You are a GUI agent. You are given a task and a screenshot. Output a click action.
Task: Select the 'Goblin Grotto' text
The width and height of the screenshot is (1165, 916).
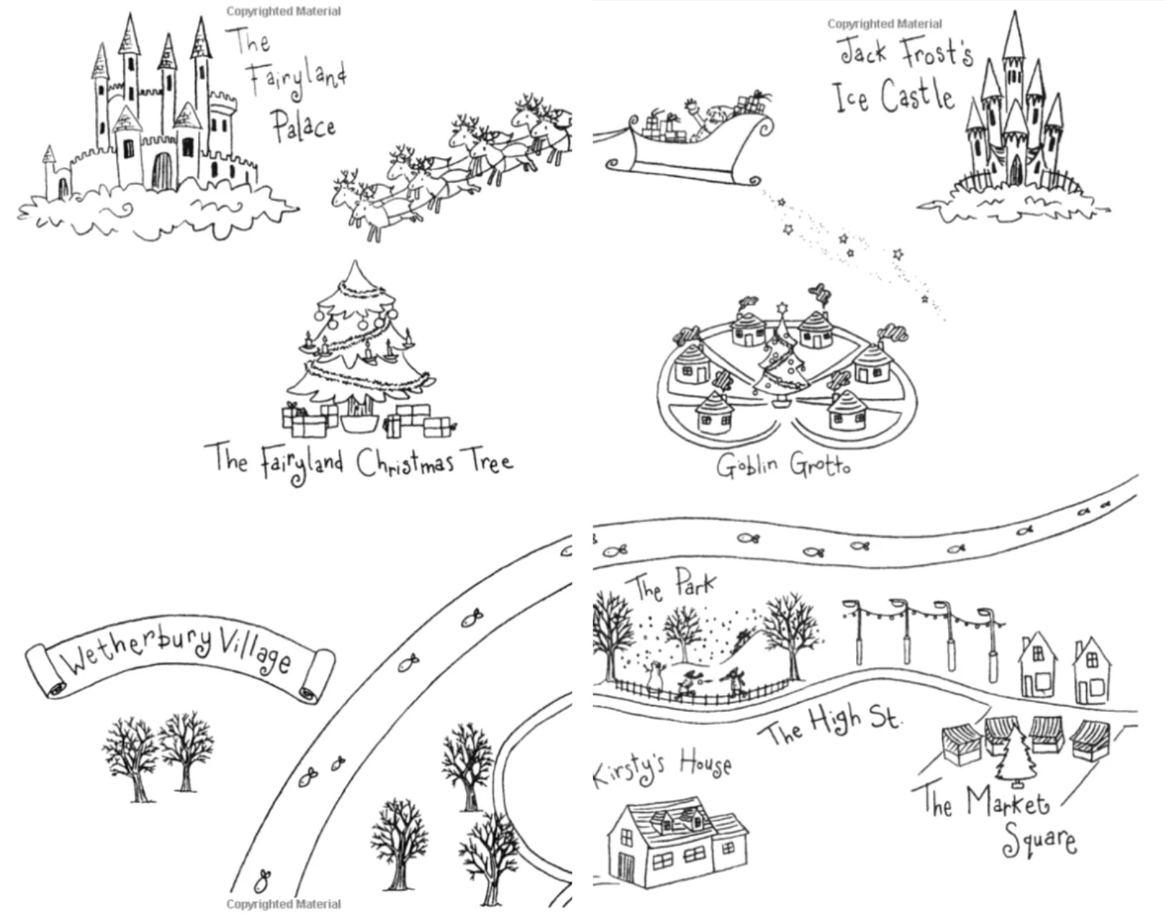tap(784, 465)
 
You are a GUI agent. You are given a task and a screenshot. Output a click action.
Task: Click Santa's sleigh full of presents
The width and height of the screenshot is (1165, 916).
tap(687, 143)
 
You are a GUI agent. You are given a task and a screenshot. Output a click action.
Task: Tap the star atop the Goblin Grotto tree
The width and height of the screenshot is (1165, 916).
tap(781, 308)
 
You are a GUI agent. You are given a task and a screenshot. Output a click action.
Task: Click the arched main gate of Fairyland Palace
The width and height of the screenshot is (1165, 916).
tap(162, 171)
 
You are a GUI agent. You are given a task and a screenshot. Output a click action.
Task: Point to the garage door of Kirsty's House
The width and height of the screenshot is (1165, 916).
tap(627, 867)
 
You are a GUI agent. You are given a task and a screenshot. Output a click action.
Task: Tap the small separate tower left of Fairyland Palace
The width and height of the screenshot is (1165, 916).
tap(50, 172)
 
